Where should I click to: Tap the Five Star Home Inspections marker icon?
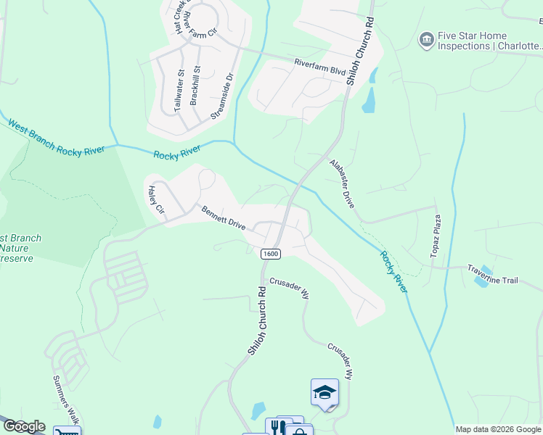pos(426,39)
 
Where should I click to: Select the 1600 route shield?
pos(270,253)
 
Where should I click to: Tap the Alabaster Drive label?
pos(341,184)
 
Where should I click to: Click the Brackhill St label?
pos(195,86)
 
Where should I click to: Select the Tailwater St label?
pos(179,91)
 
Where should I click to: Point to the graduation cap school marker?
pos(324,393)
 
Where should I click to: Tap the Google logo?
pos(23,426)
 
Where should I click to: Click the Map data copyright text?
pos(498,429)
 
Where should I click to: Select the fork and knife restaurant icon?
pos(276,428)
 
